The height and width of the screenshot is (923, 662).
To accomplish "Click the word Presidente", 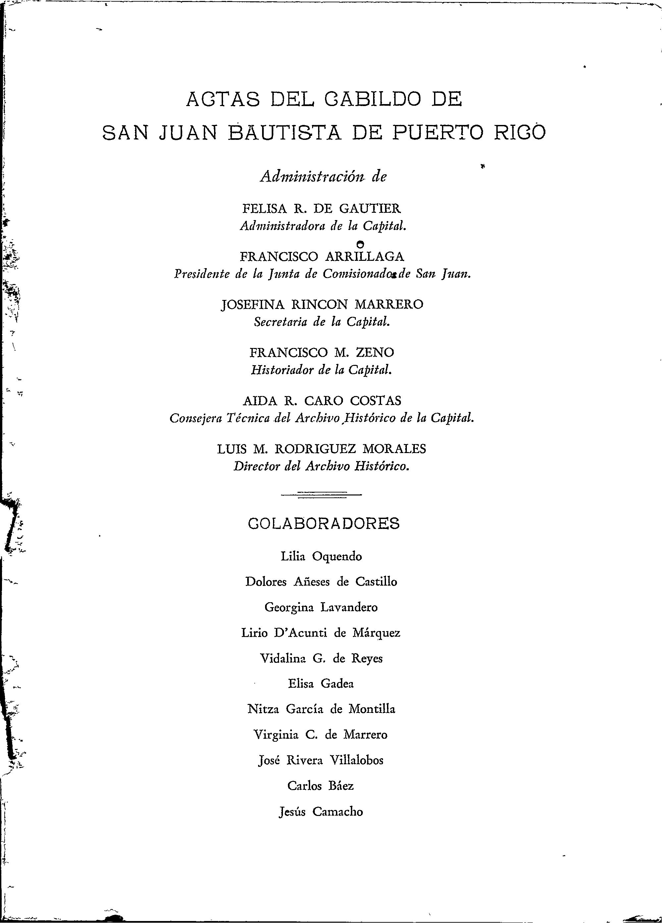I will pyautogui.click(x=202, y=274).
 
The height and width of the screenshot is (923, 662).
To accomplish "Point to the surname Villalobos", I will pyautogui.click(x=356, y=760).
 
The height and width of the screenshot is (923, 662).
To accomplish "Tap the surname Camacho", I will pyautogui.click(x=338, y=812).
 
